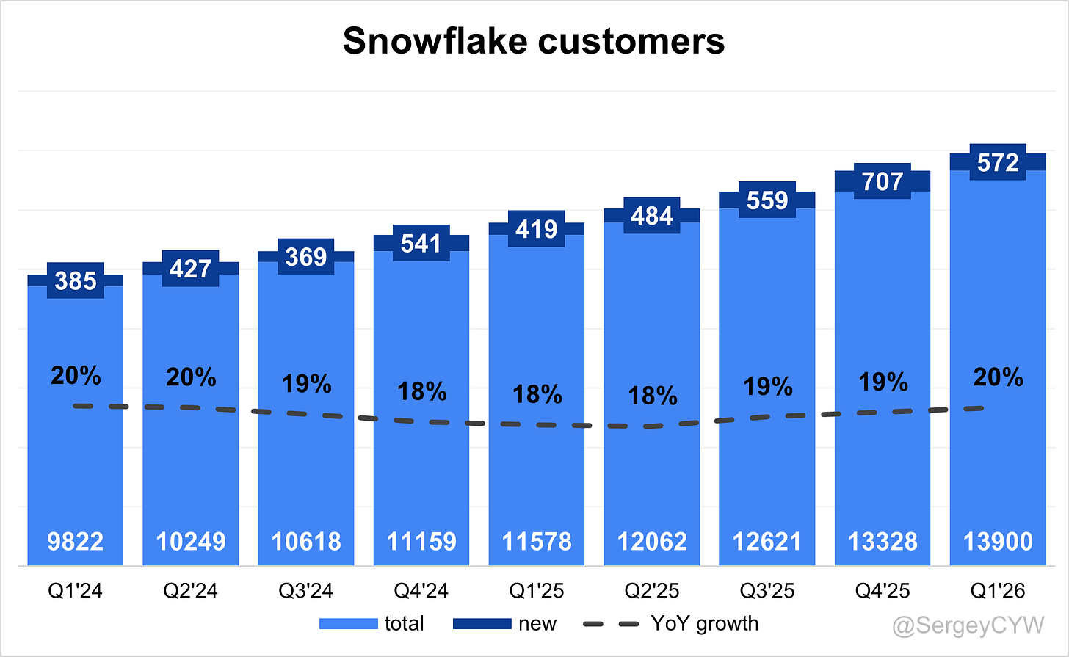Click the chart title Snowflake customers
coord(534,41)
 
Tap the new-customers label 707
coord(883,181)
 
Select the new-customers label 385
coord(76,280)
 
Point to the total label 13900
coord(998,542)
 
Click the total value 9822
coord(76,542)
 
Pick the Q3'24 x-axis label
coord(306,591)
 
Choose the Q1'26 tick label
coord(998,591)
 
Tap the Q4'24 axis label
coord(421,591)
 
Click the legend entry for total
coord(372,624)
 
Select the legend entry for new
coord(505,624)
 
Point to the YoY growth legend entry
coord(671,624)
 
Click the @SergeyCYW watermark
coord(968,625)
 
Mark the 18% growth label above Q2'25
coord(653,396)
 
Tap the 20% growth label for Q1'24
coord(76,376)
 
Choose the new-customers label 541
coord(421,243)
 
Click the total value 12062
coord(652,542)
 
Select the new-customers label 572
coord(998,162)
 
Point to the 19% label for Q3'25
coord(767,386)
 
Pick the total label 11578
coord(537,542)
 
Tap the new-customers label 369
coord(306,257)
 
